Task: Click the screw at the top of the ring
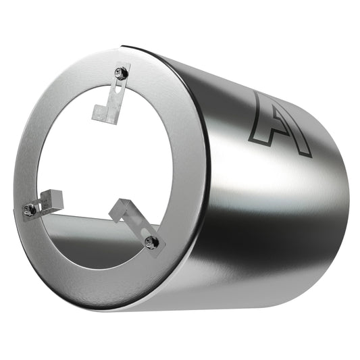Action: click(x=122, y=69)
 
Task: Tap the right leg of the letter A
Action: click(x=301, y=138)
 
